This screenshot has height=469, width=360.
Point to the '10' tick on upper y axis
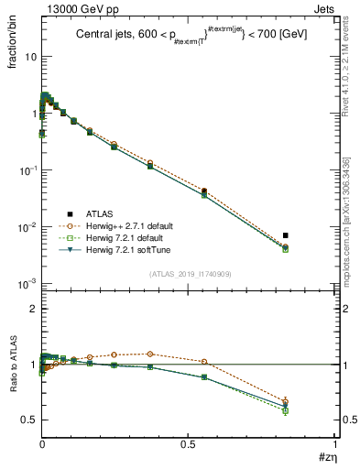click(x=28, y=57)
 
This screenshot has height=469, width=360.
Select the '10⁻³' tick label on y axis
click(x=27, y=284)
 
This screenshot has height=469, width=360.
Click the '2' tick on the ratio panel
click(x=32, y=309)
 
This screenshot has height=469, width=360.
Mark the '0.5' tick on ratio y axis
click(x=27, y=420)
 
